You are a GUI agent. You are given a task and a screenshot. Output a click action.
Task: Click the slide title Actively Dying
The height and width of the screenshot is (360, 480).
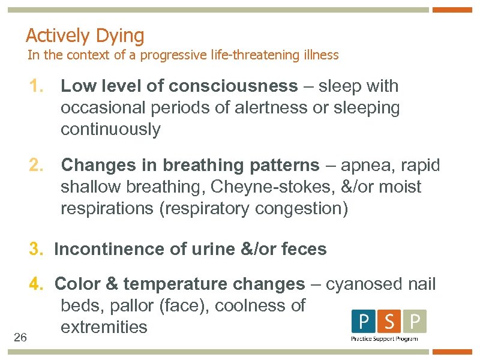85,36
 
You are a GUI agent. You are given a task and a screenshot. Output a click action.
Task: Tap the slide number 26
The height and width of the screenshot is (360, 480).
20,338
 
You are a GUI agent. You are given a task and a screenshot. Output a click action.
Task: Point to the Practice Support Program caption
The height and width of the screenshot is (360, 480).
385,339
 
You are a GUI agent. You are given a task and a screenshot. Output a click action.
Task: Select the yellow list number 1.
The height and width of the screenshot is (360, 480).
37,86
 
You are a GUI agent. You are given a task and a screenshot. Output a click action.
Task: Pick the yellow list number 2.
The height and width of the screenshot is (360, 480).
37,165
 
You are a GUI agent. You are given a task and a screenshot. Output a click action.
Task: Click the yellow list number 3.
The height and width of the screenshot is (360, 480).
37,249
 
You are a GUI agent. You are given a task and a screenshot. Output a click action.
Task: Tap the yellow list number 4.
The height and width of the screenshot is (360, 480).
37,284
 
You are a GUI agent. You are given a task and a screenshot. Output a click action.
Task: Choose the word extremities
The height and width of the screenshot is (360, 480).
104,327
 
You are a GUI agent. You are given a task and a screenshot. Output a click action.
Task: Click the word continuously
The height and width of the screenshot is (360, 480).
110,130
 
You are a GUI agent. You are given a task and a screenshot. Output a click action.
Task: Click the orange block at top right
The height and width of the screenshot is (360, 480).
452,10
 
